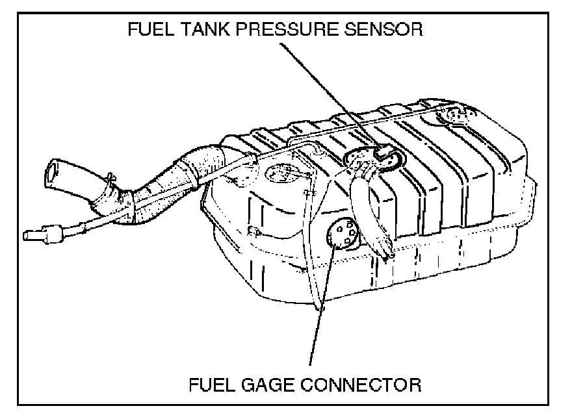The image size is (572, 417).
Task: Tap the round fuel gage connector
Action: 343,234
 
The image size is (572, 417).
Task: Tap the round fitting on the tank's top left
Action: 284,173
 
